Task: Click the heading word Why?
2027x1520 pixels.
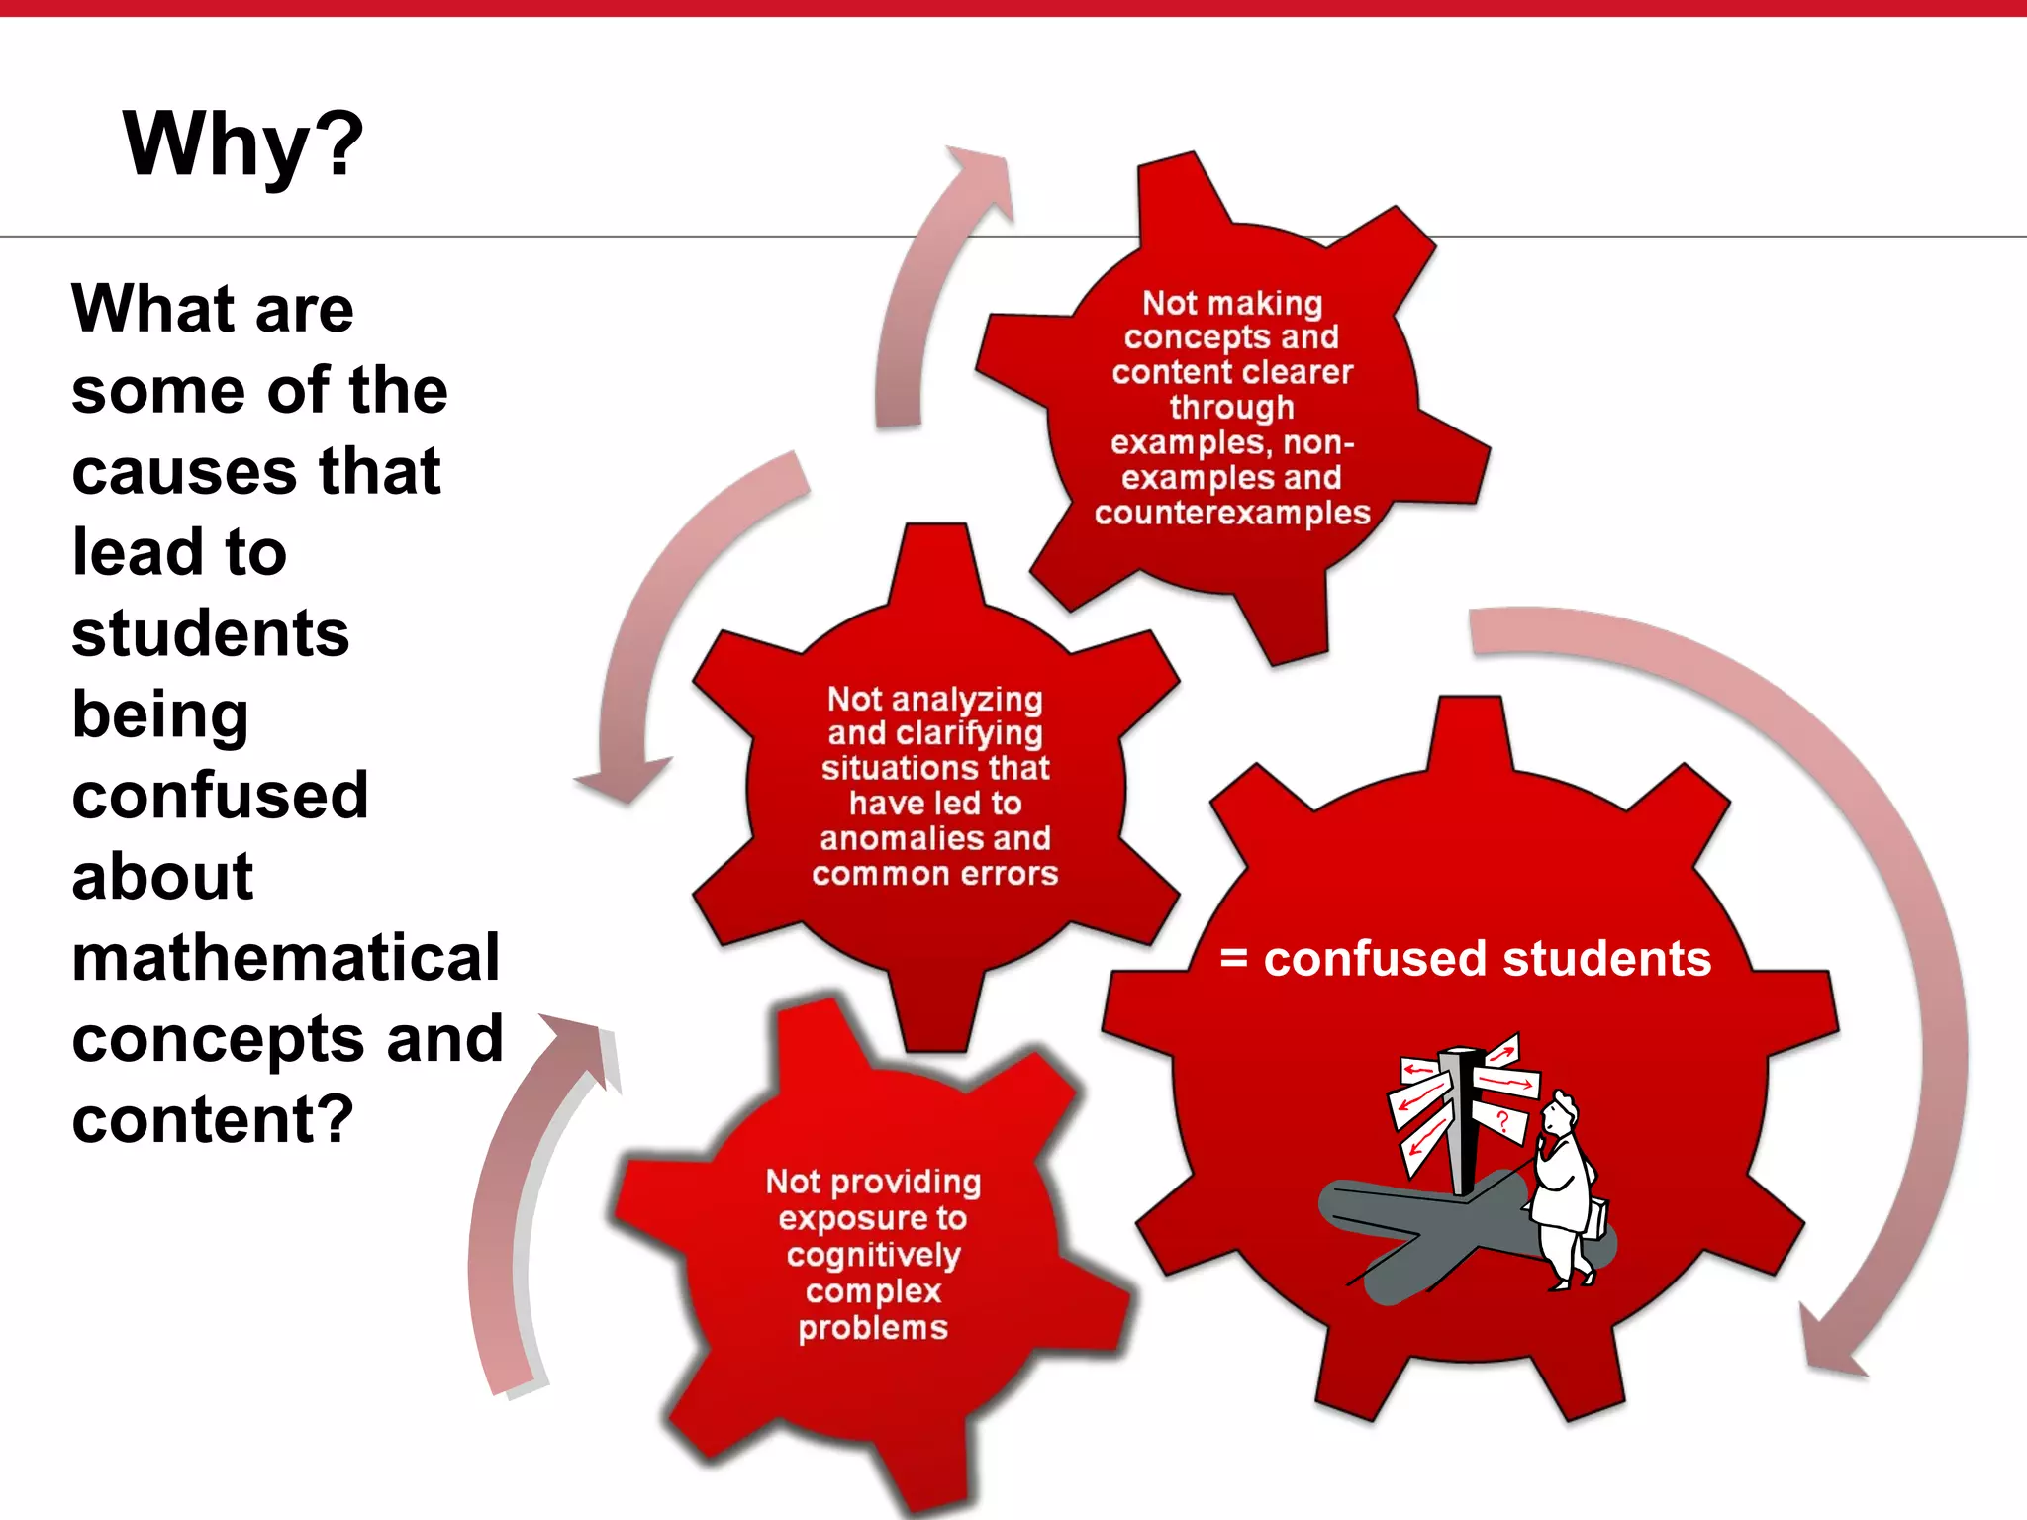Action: (243, 145)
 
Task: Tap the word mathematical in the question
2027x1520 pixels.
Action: (286, 957)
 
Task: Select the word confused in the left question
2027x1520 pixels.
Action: (220, 795)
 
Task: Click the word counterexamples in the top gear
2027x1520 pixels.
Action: (1232, 513)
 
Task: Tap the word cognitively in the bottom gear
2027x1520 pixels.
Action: (873, 1255)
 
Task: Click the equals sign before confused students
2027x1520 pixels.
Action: (1233, 958)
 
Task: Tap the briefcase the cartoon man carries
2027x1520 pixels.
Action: (1595, 1216)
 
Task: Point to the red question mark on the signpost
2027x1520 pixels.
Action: (1503, 1121)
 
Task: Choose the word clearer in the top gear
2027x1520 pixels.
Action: (1299, 372)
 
